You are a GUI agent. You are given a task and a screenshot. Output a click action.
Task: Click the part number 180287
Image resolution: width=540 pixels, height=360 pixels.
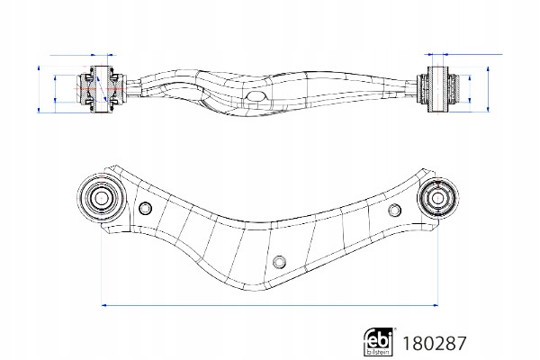click(435, 344)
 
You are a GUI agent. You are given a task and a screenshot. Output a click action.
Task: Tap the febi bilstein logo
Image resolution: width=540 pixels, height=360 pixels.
click(379, 341)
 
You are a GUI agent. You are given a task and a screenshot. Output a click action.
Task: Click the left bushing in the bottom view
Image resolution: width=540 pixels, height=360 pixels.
click(101, 198)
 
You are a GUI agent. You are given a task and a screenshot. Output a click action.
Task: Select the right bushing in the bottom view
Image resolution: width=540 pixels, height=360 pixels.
click(437, 198)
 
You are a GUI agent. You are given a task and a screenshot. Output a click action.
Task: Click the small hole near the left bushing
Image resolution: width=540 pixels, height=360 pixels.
click(145, 208)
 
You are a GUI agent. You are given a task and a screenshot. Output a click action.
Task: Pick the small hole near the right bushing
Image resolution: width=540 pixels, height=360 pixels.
click(394, 210)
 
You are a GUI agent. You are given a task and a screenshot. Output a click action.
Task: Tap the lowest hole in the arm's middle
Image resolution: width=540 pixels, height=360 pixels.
click(279, 262)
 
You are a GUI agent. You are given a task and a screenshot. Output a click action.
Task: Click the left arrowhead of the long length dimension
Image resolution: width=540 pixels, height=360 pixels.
click(104, 305)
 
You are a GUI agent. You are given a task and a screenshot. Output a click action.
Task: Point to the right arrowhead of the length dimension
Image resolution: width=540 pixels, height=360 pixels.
click(436, 305)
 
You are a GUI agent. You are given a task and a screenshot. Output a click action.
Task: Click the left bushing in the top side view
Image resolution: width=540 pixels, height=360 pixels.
click(101, 89)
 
